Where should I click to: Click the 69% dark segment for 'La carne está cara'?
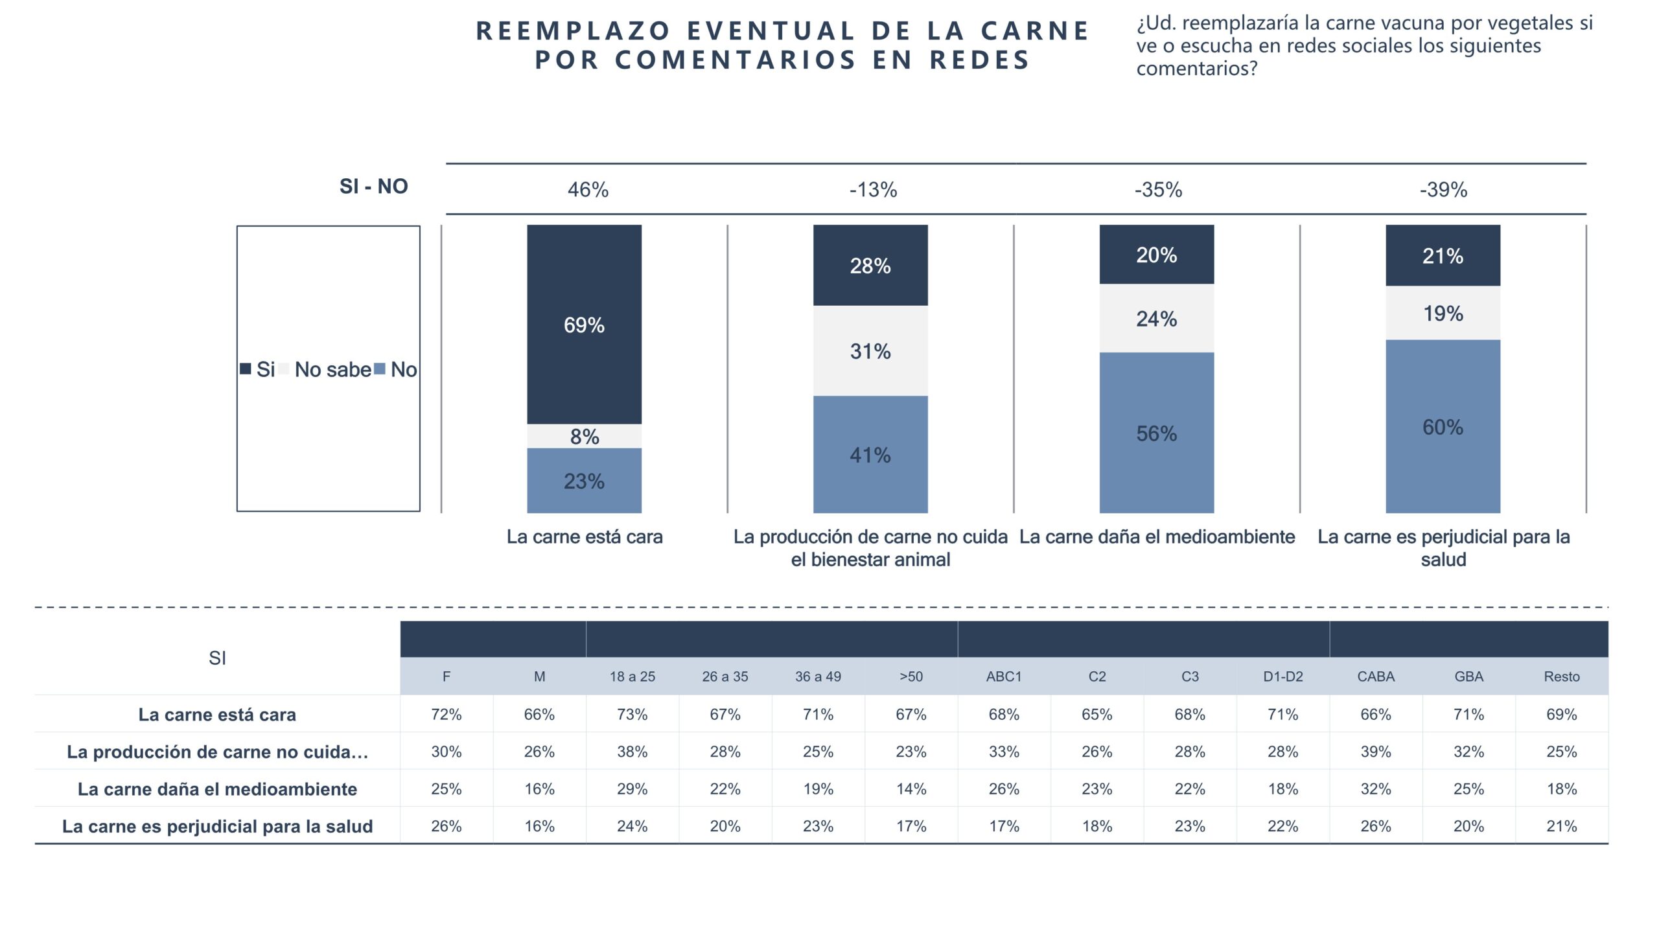(x=584, y=325)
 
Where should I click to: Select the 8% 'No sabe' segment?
(x=584, y=436)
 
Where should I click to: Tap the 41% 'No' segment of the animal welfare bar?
(x=870, y=455)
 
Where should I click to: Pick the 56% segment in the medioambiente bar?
(x=1156, y=433)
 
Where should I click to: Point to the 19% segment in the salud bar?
(x=1443, y=314)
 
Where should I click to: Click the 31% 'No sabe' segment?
(x=870, y=351)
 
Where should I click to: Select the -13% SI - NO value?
(x=873, y=190)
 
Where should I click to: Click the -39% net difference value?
(x=1443, y=190)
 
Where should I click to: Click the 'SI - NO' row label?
(x=373, y=187)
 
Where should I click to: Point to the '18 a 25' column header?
(x=632, y=676)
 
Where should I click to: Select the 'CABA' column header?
(x=1375, y=676)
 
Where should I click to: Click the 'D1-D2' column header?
(x=1282, y=676)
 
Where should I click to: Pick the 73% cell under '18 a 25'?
(x=632, y=714)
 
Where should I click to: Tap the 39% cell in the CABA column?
(x=1375, y=752)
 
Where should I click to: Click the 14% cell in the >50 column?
(x=911, y=789)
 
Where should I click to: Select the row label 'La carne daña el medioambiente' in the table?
(x=217, y=789)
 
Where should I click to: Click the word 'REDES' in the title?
(x=979, y=60)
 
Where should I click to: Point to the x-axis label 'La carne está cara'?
(x=585, y=536)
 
